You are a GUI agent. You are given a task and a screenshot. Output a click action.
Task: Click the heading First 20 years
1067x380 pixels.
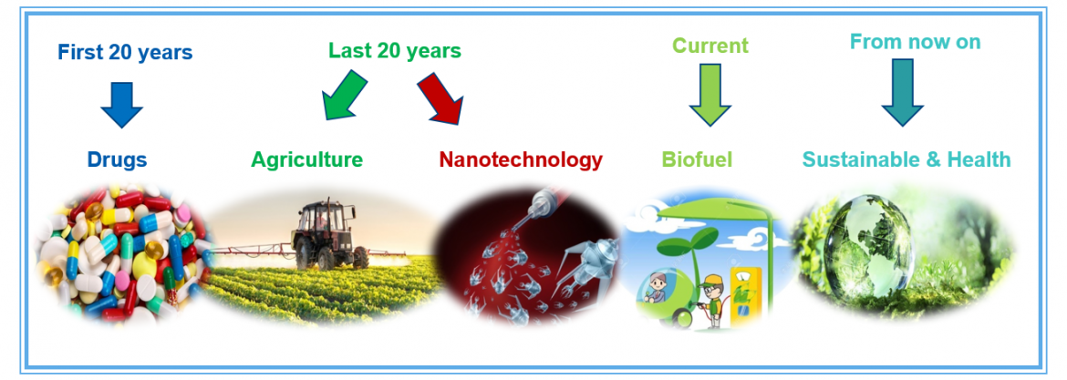(125, 52)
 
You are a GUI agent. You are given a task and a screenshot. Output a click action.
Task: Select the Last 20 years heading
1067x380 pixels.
(395, 50)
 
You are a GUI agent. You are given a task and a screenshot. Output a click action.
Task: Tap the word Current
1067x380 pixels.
(710, 46)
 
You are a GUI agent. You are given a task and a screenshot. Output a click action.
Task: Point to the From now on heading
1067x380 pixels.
(916, 42)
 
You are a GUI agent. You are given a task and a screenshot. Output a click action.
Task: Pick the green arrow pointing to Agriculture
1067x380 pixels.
(343, 95)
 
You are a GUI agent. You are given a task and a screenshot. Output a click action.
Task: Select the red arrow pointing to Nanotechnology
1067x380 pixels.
(441, 98)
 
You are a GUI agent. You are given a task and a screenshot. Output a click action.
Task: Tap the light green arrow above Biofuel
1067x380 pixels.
(710, 95)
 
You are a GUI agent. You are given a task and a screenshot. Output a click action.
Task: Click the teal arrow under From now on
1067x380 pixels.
(902, 92)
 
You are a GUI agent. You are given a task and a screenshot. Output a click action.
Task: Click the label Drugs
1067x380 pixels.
(117, 159)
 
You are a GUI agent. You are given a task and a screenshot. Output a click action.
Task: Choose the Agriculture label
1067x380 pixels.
(307, 160)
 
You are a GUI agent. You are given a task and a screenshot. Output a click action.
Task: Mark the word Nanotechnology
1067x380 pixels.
(521, 159)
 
